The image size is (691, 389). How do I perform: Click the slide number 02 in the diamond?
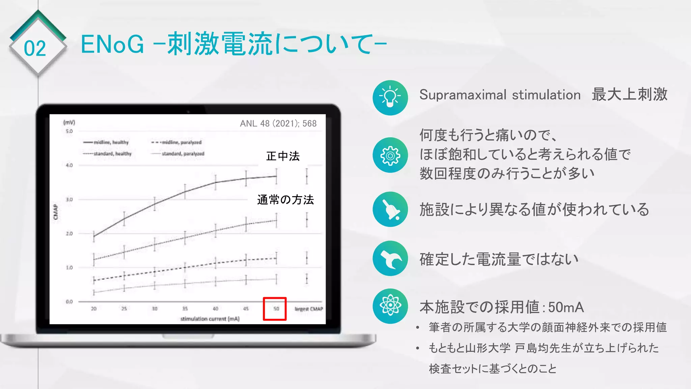click(35, 49)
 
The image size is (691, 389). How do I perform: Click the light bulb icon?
click(390, 98)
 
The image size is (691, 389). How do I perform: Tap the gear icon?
click(390, 155)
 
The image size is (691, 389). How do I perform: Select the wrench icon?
click(390, 258)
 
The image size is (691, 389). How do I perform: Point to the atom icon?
click(390, 306)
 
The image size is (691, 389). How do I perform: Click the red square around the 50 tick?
click(275, 309)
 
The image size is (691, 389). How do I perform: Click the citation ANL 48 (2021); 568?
click(278, 124)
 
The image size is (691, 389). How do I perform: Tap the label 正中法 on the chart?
click(283, 156)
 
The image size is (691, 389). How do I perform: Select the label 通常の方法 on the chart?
click(285, 200)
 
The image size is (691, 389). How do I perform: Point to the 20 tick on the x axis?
click(94, 309)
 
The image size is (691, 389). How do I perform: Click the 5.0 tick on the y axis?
click(69, 131)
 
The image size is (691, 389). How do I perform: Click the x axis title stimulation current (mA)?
click(210, 319)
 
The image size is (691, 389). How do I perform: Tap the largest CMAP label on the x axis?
click(309, 309)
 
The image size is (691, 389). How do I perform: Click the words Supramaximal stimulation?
click(500, 95)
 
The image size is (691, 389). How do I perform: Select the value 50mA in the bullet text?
click(566, 307)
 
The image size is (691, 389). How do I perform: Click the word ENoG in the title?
click(112, 44)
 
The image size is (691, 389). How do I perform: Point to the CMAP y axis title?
click(56, 212)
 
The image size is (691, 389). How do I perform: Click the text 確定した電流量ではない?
click(499, 259)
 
